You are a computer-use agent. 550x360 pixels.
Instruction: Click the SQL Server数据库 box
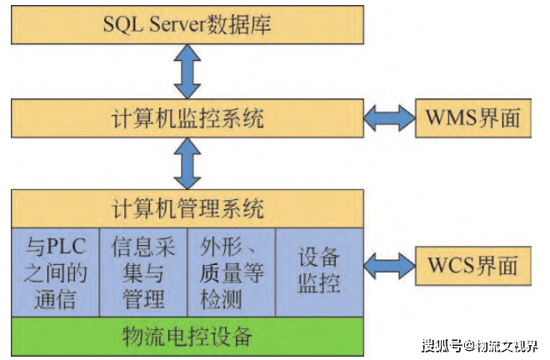187,25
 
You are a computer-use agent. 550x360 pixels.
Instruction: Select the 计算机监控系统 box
187,117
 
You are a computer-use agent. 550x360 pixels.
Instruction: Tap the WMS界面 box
472,117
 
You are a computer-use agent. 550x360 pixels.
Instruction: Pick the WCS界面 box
472,265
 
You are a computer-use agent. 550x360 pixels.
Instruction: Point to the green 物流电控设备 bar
187,337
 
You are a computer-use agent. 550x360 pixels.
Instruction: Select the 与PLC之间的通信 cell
54,272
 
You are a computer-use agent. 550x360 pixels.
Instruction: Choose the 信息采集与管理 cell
143,272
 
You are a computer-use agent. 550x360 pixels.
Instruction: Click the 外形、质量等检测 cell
232,272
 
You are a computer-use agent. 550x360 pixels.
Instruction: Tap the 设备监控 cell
319,272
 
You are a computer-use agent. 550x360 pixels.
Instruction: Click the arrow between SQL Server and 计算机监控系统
189,72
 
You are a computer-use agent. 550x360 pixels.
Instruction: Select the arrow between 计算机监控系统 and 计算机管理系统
189,163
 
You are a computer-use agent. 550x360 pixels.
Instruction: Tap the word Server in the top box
179,25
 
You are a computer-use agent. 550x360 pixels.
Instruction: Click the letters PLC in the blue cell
67,247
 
